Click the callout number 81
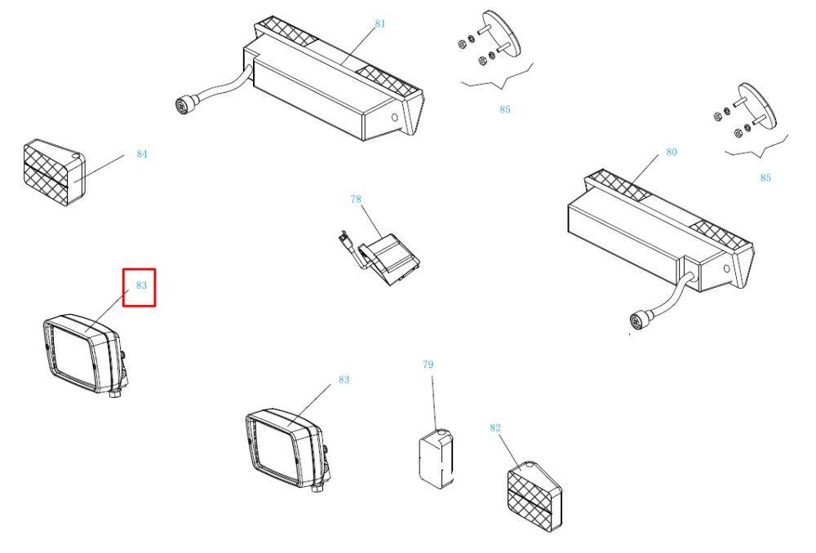pyautogui.click(x=380, y=24)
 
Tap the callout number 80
pyautogui.click(x=672, y=152)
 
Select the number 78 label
pyautogui.click(x=356, y=199)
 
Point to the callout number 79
pyautogui.click(x=428, y=365)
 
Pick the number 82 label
pyautogui.click(x=495, y=427)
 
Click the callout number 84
pyautogui.click(x=141, y=154)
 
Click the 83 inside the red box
pyautogui.click(x=141, y=285)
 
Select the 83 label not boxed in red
pyautogui.click(x=344, y=380)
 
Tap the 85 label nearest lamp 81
pyautogui.click(x=505, y=109)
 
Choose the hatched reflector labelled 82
pyautogui.click(x=534, y=496)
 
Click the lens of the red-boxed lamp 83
pyautogui.click(x=73, y=355)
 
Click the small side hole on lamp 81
pyautogui.click(x=394, y=117)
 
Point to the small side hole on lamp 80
pyautogui.click(x=726, y=269)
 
